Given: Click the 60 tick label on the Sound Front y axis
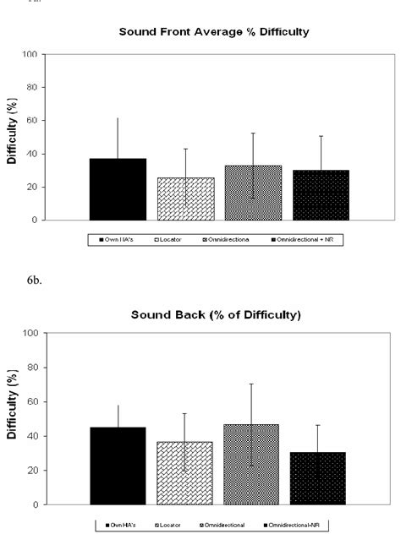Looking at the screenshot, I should [x=32, y=121].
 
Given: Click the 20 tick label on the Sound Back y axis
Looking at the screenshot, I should [x=32, y=471].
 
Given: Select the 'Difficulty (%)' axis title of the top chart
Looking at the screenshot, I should [x=12, y=137].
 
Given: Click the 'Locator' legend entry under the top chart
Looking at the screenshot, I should [x=173, y=240].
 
